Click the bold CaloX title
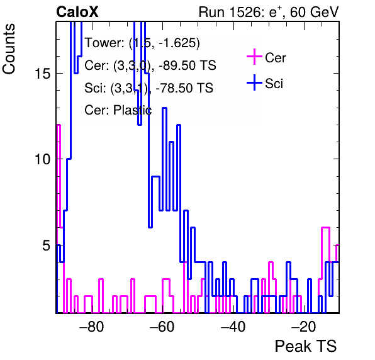point(77,12)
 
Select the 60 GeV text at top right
point(314,12)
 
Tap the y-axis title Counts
point(9,49)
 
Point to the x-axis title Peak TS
point(306,346)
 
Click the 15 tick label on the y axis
point(43,74)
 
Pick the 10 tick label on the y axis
point(43,159)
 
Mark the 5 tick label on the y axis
point(47,245)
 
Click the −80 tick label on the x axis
point(92,326)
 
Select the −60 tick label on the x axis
point(162,326)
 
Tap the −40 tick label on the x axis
point(233,326)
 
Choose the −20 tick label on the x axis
point(303,326)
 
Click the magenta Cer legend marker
point(254,57)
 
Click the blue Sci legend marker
point(254,83)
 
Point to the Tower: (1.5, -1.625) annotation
point(142,43)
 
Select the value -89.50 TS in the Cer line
point(187,65)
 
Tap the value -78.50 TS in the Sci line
point(184,87)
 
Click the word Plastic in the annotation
point(132,110)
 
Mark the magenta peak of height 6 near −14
point(326,227)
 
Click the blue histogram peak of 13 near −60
point(165,108)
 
